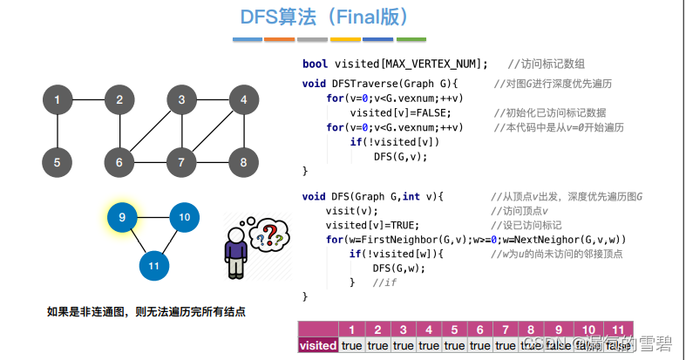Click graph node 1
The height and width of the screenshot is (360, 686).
click(x=57, y=99)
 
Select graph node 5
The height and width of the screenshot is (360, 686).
click(x=57, y=161)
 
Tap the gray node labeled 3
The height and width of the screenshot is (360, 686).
click(x=181, y=99)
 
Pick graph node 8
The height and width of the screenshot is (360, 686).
click(x=243, y=161)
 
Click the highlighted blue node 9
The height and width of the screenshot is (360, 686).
click(x=122, y=217)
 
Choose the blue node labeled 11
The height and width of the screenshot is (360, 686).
click(x=154, y=265)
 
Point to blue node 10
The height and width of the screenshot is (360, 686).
click(x=184, y=217)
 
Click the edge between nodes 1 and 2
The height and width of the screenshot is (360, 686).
click(x=88, y=99)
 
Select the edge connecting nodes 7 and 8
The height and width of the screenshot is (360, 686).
click(x=213, y=161)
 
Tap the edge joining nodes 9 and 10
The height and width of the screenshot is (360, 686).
click(x=153, y=217)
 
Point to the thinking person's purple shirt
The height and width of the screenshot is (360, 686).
click(x=234, y=254)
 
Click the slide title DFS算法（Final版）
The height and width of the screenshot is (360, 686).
click(x=324, y=17)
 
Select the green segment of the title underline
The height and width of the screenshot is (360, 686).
click(x=411, y=39)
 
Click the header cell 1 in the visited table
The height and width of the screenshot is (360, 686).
click(x=352, y=329)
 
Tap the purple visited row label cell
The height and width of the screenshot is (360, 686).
click(x=318, y=345)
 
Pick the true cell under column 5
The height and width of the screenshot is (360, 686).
click(x=454, y=345)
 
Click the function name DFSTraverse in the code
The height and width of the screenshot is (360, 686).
click(x=357, y=84)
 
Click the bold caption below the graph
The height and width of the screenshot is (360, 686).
click(x=146, y=310)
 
